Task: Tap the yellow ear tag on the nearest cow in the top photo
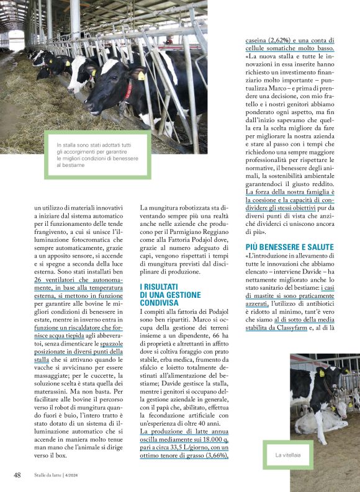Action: [141, 76]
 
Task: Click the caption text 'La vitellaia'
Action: [289, 455]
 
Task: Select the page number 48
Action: [18, 475]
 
